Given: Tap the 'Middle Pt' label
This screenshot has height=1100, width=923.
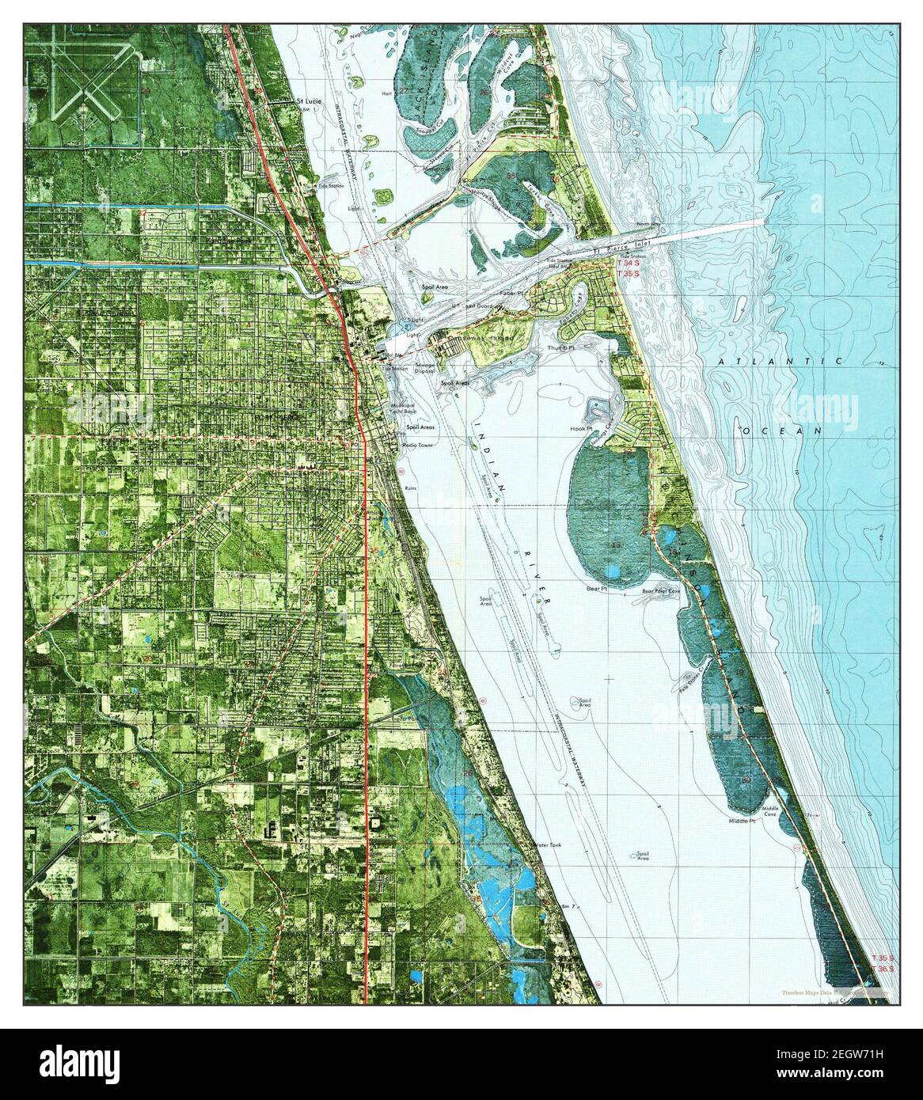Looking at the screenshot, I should (742, 821).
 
